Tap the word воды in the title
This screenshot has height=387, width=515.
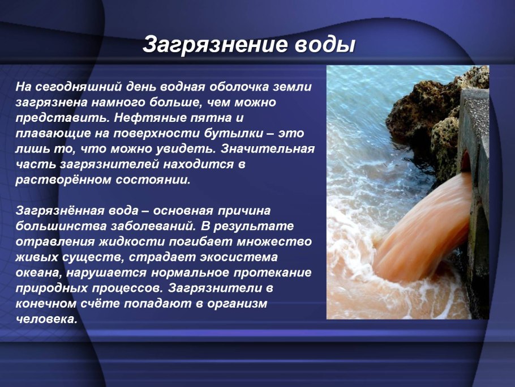325,45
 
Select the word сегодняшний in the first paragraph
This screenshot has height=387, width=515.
78,87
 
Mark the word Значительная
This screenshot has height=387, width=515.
268,149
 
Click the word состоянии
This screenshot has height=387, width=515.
153,180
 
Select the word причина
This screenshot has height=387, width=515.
244,211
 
